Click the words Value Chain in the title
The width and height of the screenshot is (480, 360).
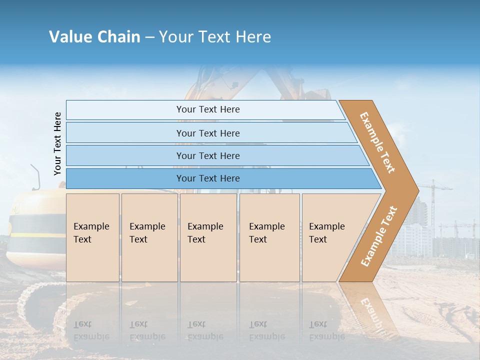pyautogui.click(x=94, y=37)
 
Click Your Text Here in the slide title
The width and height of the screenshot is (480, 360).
pyautogui.click(x=215, y=37)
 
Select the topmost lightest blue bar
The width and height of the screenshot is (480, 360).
pyautogui.click(x=205, y=109)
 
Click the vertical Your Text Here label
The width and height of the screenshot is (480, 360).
pyautogui.click(x=57, y=144)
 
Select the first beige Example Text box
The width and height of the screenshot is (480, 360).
pyautogui.click(x=92, y=237)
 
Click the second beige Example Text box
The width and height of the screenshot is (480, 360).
pyautogui.click(x=149, y=237)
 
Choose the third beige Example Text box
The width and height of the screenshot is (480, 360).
pyautogui.click(x=208, y=237)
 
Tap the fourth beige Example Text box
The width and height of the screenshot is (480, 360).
pyautogui.click(x=269, y=237)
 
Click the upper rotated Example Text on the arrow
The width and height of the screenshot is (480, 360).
pyautogui.click(x=377, y=142)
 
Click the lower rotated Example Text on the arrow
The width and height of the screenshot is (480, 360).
pyautogui.click(x=378, y=236)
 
